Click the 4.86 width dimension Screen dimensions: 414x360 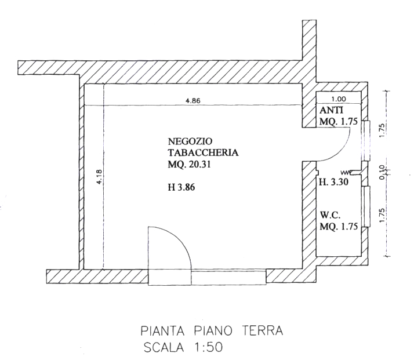(193, 100)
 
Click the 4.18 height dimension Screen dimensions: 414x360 (99, 177)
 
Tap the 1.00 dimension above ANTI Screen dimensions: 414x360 (339, 99)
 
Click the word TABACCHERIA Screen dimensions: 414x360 (204, 153)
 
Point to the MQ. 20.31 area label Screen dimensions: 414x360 (189, 165)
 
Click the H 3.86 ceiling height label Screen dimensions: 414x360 (181, 187)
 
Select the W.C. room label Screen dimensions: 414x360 (330, 215)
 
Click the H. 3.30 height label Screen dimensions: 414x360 (334, 182)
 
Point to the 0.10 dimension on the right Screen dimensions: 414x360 (382, 172)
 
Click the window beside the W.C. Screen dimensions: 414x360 (366, 206)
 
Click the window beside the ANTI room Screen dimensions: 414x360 (366, 141)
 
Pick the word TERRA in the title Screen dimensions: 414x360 (263, 330)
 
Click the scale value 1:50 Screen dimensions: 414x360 (207, 347)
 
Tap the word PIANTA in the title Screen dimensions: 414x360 (162, 330)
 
